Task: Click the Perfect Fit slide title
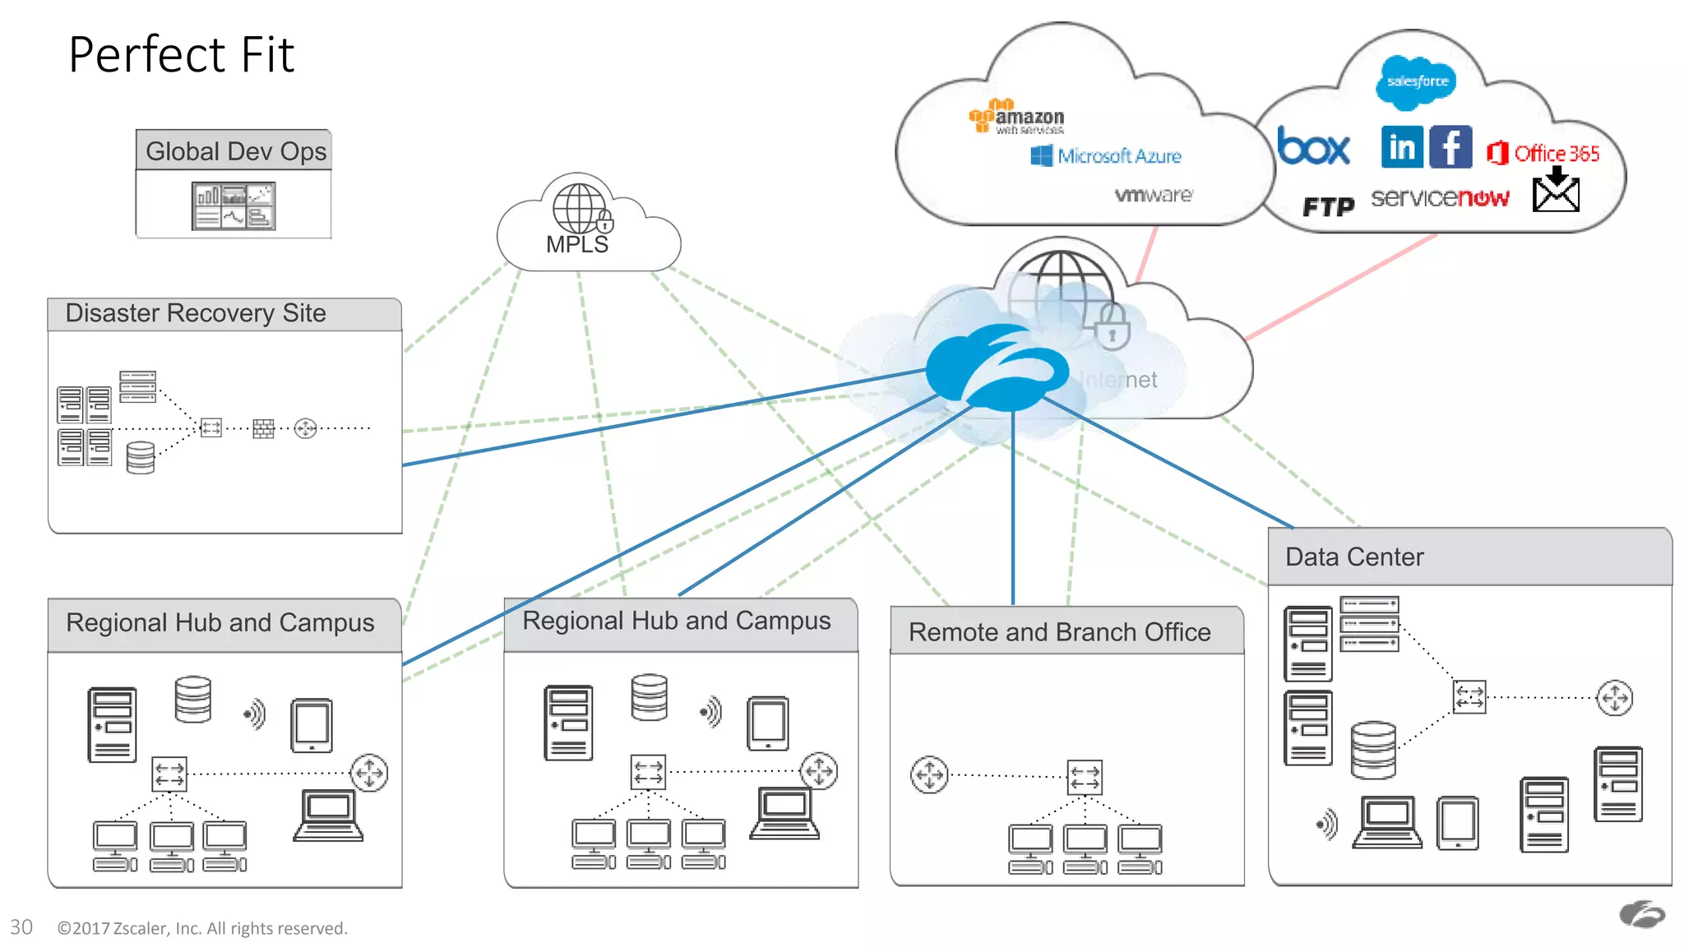click(181, 55)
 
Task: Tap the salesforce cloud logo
click(1416, 81)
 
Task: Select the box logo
click(1313, 147)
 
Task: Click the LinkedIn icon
click(1402, 147)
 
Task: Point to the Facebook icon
click(1450, 147)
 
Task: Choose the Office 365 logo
click(1543, 153)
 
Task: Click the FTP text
click(1328, 206)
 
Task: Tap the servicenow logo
click(1440, 198)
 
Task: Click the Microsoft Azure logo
click(1106, 155)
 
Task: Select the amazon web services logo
click(1017, 117)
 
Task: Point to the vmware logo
click(1153, 195)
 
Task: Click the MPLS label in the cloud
click(577, 244)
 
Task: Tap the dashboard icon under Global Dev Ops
click(234, 206)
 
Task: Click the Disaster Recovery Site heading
click(196, 313)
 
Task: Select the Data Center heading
click(1354, 557)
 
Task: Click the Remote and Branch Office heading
click(1059, 631)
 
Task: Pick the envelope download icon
click(1556, 190)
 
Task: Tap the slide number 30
click(21, 927)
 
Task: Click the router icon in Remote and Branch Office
click(929, 774)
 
